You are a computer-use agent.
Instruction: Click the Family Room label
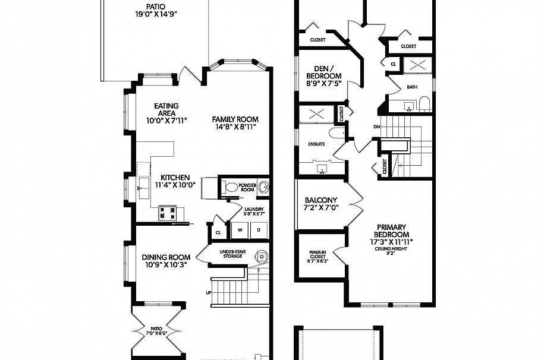(x=235, y=123)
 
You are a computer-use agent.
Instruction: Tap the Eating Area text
(x=166, y=113)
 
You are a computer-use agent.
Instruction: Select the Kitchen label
(x=175, y=181)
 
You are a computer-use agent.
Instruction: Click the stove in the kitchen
(x=168, y=212)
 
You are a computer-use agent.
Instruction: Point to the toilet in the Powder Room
(x=231, y=187)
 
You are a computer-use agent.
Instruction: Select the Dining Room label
(x=166, y=261)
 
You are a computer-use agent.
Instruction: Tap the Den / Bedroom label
(x=324, y=75)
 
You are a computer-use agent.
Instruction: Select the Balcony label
(x=321, y=204)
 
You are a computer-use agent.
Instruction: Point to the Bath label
(x=412, y=87)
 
